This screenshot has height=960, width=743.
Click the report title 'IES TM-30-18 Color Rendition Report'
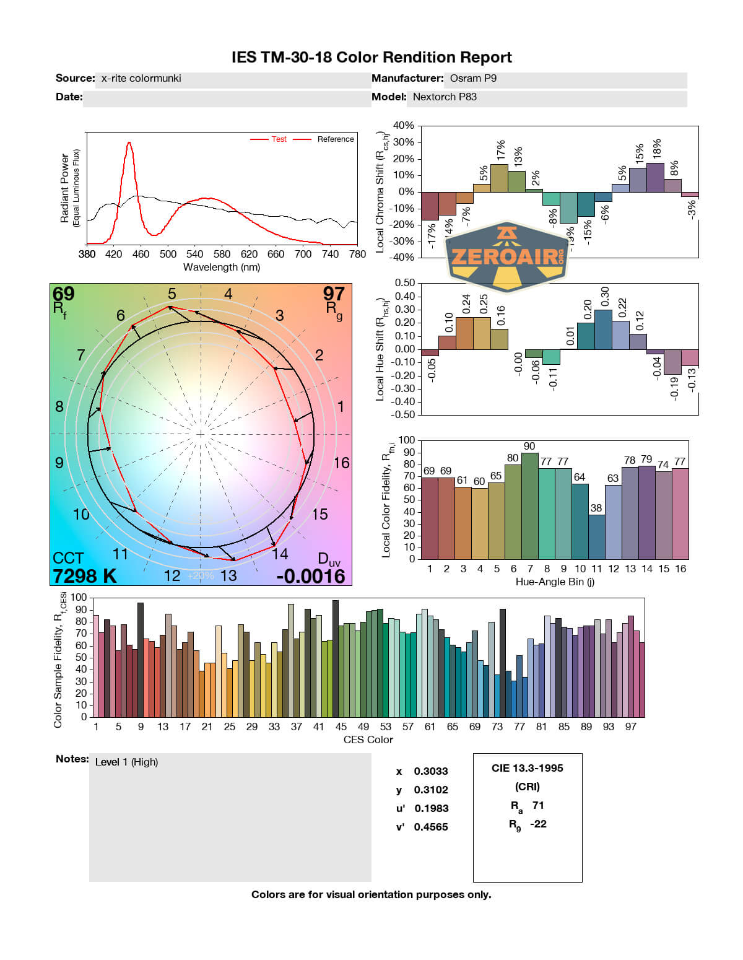click(371, 58)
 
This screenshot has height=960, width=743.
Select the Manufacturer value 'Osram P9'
click(473, 79)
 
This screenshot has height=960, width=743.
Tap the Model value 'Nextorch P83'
click(445, 97)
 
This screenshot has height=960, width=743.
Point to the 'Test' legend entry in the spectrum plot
click(279, 139)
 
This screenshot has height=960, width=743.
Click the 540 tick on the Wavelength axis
click(194, 254)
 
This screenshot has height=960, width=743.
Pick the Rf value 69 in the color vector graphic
click(63, 294)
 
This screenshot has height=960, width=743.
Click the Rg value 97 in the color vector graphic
click(334, 294)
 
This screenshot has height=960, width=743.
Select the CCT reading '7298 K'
click(84, 576)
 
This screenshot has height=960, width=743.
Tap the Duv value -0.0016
click(311, 576)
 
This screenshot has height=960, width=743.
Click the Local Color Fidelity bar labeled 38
click(596, 536)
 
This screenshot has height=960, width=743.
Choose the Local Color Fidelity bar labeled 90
click(529, 505)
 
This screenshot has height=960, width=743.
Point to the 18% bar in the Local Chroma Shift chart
click(655, 178)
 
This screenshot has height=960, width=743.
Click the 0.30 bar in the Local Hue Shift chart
click(603, 329)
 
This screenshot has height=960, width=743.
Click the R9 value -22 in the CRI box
click(538, 824)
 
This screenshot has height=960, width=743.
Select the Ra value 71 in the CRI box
click(538, 806)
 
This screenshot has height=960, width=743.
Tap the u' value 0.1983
click(432, 809)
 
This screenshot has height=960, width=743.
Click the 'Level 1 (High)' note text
click(126, 762)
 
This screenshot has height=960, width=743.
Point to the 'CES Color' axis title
click(368, 740)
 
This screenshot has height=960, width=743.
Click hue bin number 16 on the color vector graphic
click(341, 463)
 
